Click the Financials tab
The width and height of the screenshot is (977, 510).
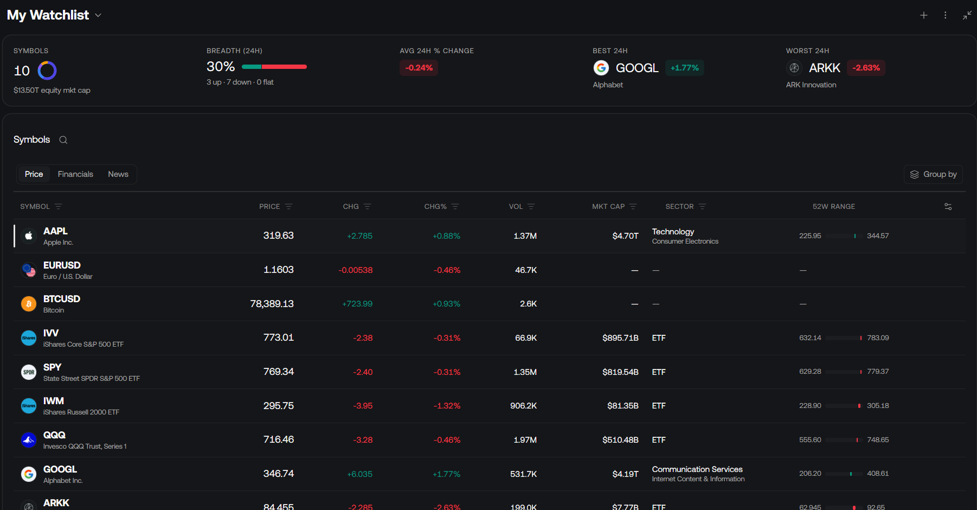75,174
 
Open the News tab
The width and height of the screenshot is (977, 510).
118,174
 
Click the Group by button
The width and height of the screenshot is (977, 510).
933,174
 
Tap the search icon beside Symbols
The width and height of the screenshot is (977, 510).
63,140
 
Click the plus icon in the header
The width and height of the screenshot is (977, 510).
924,15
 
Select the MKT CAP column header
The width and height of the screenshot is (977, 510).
608,207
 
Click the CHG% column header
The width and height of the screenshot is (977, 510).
435,207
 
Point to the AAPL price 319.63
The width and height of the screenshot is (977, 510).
279,235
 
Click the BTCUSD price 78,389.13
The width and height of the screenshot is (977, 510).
272,304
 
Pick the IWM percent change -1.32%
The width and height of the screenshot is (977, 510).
447,406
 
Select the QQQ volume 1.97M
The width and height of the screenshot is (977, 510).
525,440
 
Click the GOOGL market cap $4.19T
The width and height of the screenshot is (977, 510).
626,474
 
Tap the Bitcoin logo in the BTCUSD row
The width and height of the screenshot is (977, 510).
29,304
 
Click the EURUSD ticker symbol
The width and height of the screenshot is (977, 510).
62,265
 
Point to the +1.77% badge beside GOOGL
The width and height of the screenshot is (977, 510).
685,68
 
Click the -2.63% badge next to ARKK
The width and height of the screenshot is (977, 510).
866,68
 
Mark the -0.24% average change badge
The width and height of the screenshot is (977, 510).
419,68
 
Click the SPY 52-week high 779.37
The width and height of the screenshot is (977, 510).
878,372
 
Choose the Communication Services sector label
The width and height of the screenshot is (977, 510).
697,469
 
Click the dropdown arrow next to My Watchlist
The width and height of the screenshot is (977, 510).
98,15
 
